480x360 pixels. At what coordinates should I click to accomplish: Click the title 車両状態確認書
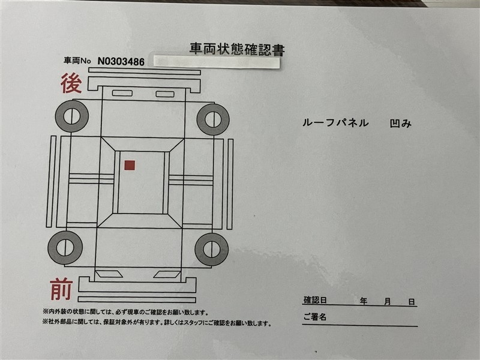(x=237, y=50)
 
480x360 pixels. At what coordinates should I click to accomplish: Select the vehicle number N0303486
(x=121, y=62)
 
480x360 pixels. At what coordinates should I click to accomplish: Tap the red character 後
(x=71, y=83)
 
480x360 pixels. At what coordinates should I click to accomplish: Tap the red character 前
(x=62, y=289)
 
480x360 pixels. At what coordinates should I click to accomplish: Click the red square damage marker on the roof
(x=130, y=166)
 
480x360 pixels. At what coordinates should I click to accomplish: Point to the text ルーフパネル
(x=335, y=123)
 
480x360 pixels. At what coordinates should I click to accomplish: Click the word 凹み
(x=400, y=124)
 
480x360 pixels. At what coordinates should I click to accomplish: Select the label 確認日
(x=315, y=300)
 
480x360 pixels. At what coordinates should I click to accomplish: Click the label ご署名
(x=314, y=317)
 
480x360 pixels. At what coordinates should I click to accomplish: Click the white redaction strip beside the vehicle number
(x=217, y=61)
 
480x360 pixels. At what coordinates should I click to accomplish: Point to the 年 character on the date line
(x=364, y=302)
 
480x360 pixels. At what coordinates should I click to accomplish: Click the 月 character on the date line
(x=388, y=302)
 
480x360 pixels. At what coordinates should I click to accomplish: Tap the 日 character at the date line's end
(x=412, y=302)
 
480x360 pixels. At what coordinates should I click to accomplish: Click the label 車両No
(x=77, y=61)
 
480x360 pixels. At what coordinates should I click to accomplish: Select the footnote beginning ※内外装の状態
(x=125, y=313)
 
